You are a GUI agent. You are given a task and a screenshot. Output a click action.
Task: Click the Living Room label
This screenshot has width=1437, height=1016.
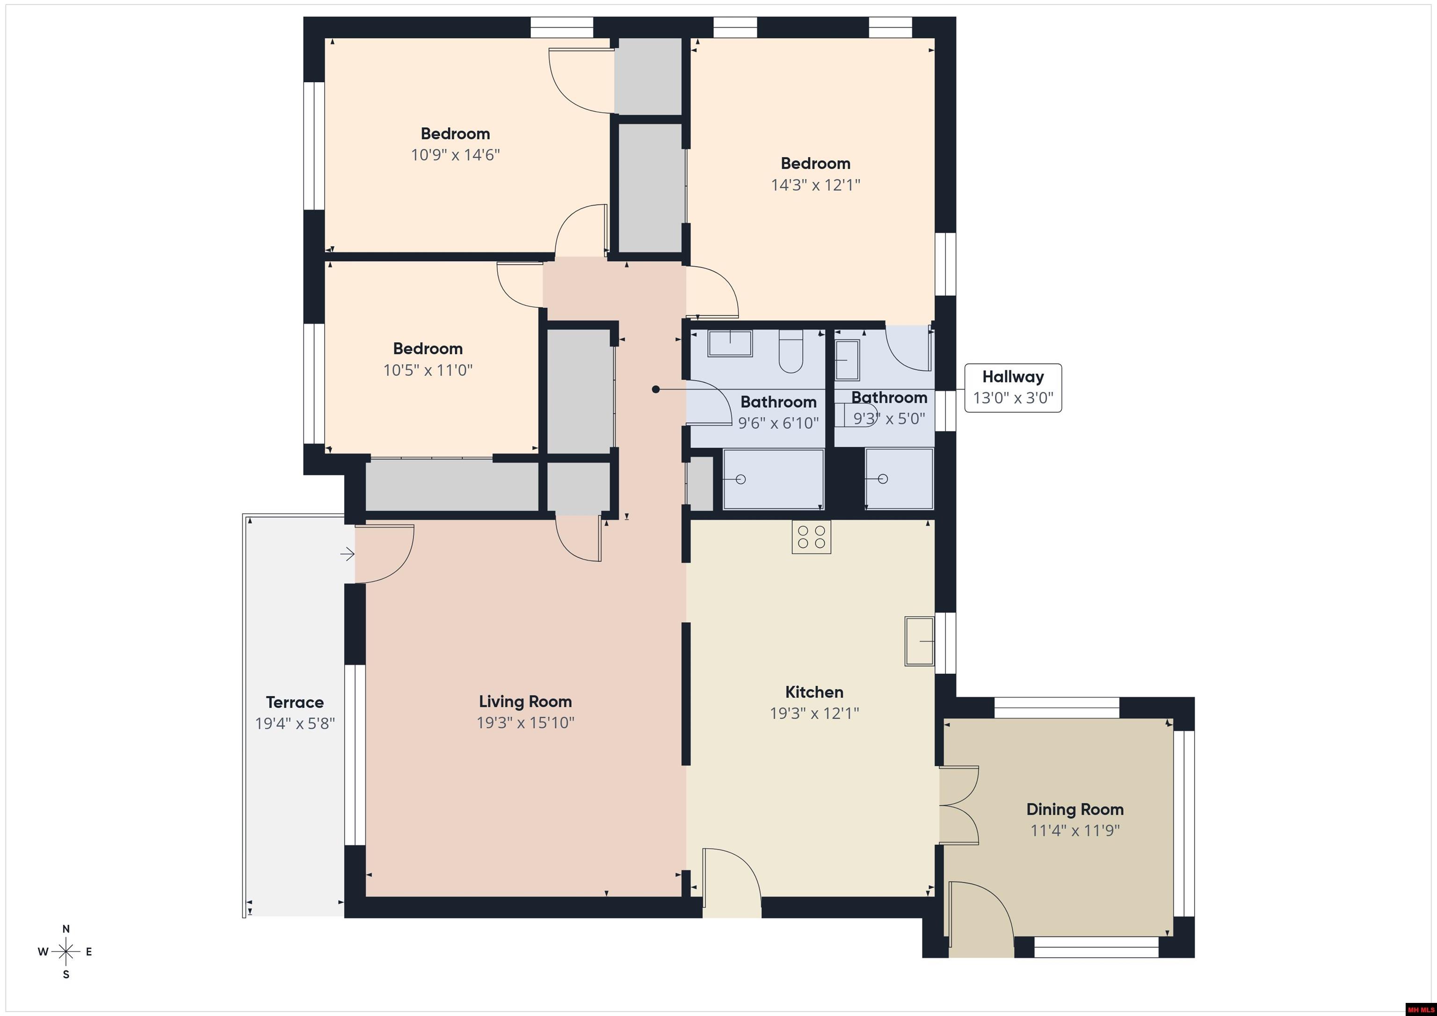(x=525, y=701)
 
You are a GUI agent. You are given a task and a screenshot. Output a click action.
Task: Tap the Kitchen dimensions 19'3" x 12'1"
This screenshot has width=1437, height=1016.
(x=814, y=713)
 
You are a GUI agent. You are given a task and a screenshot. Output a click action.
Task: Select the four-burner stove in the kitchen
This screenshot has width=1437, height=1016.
(x=811, y=537)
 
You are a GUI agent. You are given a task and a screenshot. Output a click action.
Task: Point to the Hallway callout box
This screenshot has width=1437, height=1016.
(x=1013, y=387)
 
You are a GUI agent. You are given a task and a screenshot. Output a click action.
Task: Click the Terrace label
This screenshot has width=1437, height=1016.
(x=295, y=702)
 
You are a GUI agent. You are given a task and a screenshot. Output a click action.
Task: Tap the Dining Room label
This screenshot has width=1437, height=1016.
(x=1074, y=809)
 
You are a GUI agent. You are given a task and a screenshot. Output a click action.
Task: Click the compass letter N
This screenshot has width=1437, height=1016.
(x=65, y=929)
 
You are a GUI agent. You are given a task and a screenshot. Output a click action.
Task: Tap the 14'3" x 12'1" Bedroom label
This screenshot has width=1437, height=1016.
(x=815, y=163)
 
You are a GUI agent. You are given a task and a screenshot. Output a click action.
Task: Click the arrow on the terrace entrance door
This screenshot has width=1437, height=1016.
(x=348, y=554)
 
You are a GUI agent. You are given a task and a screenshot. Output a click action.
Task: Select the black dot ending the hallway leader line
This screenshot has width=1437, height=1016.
(x=656, y=389)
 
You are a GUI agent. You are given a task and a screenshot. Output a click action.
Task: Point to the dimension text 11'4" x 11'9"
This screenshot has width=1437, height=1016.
(x=1074, y=831)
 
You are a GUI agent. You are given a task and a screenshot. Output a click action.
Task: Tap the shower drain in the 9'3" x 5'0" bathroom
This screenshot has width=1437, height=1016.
(x=883, y=479)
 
